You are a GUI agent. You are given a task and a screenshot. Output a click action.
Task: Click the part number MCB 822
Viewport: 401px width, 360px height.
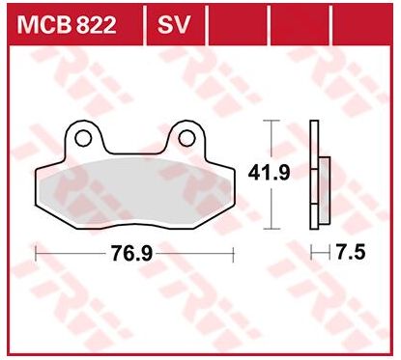coord(67,25)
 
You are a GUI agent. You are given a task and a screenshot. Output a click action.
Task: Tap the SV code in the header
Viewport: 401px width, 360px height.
coord(174,25)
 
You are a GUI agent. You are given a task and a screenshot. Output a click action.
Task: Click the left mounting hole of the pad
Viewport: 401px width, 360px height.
coord(83,138)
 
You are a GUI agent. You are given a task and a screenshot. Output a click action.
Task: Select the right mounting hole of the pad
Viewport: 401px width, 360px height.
coord(186,138)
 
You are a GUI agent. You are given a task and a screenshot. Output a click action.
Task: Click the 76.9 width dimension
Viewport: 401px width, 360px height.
coord(131,253)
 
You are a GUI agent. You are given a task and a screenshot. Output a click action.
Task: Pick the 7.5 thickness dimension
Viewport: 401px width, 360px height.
coord(351,252)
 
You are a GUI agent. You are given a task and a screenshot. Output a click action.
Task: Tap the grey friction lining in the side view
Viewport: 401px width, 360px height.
coord(325,190)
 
